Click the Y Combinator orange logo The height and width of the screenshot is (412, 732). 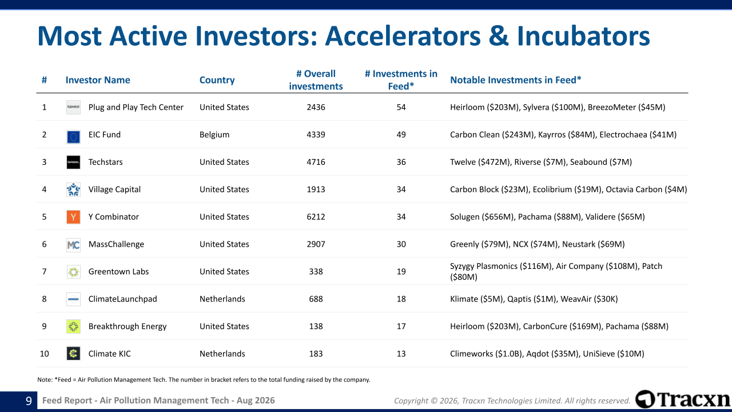(73, 217)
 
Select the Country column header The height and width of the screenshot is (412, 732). (217, 80)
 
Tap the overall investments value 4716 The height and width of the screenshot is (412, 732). (316, 162)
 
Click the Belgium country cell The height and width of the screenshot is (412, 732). (214, 134)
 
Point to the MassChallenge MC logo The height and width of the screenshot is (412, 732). (73, 244)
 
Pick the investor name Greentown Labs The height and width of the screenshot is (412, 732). (118, 272)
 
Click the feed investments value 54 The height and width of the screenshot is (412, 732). (401, 107)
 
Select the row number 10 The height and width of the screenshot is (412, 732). (44, 354)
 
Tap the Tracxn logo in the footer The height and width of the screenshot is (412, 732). (683, 399)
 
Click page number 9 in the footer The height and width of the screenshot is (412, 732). (29, 401)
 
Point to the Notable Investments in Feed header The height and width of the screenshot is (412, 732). (516, 80)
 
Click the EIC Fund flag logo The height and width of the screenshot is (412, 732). (73, 137)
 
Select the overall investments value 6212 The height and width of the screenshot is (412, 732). (316, 217)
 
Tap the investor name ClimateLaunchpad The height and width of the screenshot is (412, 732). (122, 299)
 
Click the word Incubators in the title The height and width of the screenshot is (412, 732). (583, 36)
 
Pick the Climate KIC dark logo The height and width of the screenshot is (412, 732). (73, 354)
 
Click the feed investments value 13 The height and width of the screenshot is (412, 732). (401, 354)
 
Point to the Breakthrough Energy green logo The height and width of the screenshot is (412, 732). (73, 326)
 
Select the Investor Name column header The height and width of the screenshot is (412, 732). (98, 80)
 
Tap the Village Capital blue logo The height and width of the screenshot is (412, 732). (73, 189)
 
